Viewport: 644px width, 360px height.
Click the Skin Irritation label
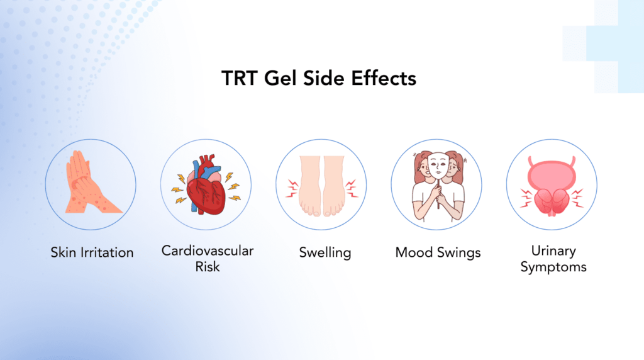pos(92,252)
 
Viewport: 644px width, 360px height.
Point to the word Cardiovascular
pos(208,250)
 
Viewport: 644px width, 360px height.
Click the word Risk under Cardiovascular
pos(208,266)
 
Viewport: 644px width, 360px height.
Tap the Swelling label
pos(325,253)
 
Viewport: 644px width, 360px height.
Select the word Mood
pos(414,252)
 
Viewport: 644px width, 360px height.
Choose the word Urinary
pos(553,250)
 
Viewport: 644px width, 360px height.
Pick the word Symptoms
pos(553,267)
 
